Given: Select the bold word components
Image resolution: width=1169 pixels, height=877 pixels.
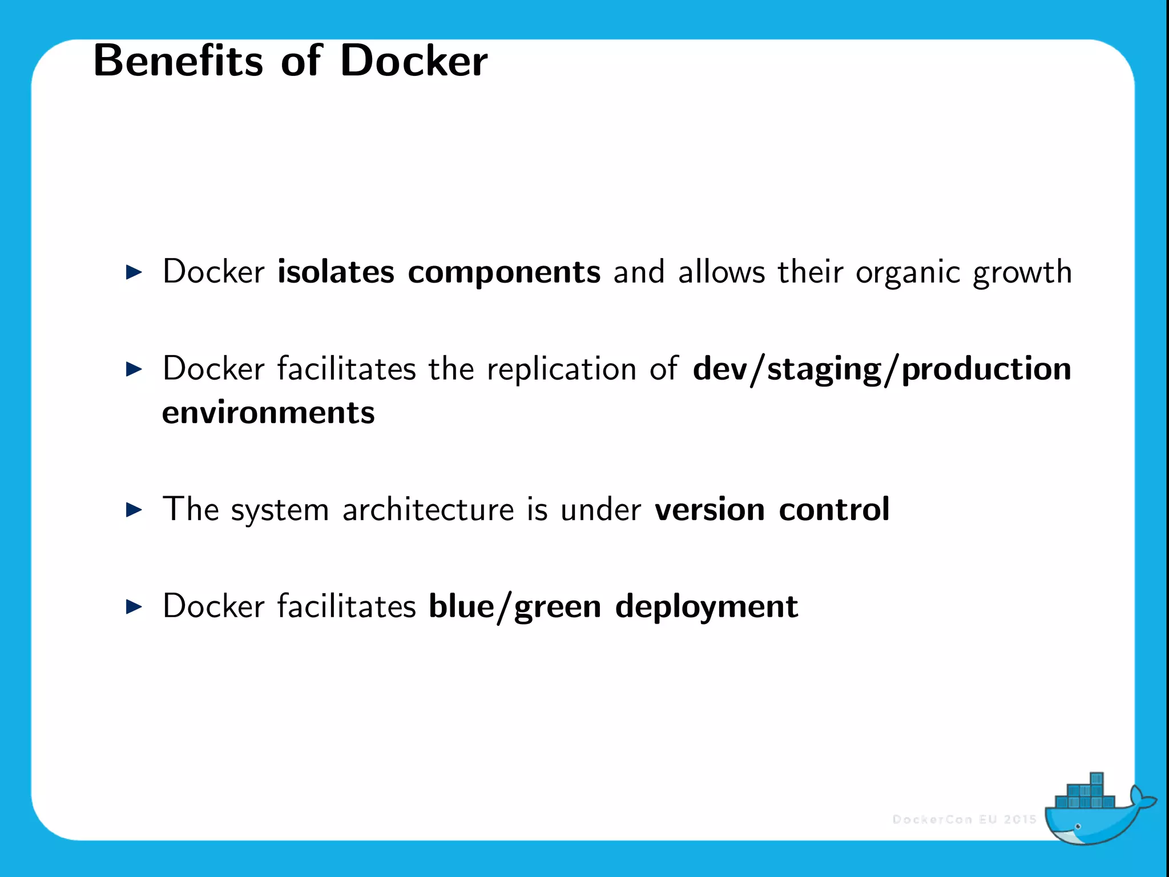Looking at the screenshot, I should pos(504,272).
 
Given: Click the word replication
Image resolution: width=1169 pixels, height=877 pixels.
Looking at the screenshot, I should pos(561,369).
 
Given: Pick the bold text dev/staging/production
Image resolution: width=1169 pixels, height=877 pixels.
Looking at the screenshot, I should pos(882,369).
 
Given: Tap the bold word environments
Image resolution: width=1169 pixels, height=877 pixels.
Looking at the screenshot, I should pos(268,412).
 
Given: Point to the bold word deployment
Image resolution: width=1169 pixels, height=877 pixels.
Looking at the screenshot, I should pos(706,608).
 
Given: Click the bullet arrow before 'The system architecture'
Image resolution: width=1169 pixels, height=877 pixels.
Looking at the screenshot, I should pos(134,509).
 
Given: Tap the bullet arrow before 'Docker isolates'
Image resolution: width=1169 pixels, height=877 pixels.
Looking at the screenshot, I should pos(134,272).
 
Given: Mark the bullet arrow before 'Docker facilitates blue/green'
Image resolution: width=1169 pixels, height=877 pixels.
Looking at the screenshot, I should pos(134,606).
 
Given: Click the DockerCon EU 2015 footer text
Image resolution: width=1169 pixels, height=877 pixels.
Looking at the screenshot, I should pos(964,819).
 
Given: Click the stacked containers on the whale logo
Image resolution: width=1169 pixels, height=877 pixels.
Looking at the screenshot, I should pos(1083,795).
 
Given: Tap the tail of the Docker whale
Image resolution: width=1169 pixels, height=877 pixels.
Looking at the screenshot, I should pos(1141,800).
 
